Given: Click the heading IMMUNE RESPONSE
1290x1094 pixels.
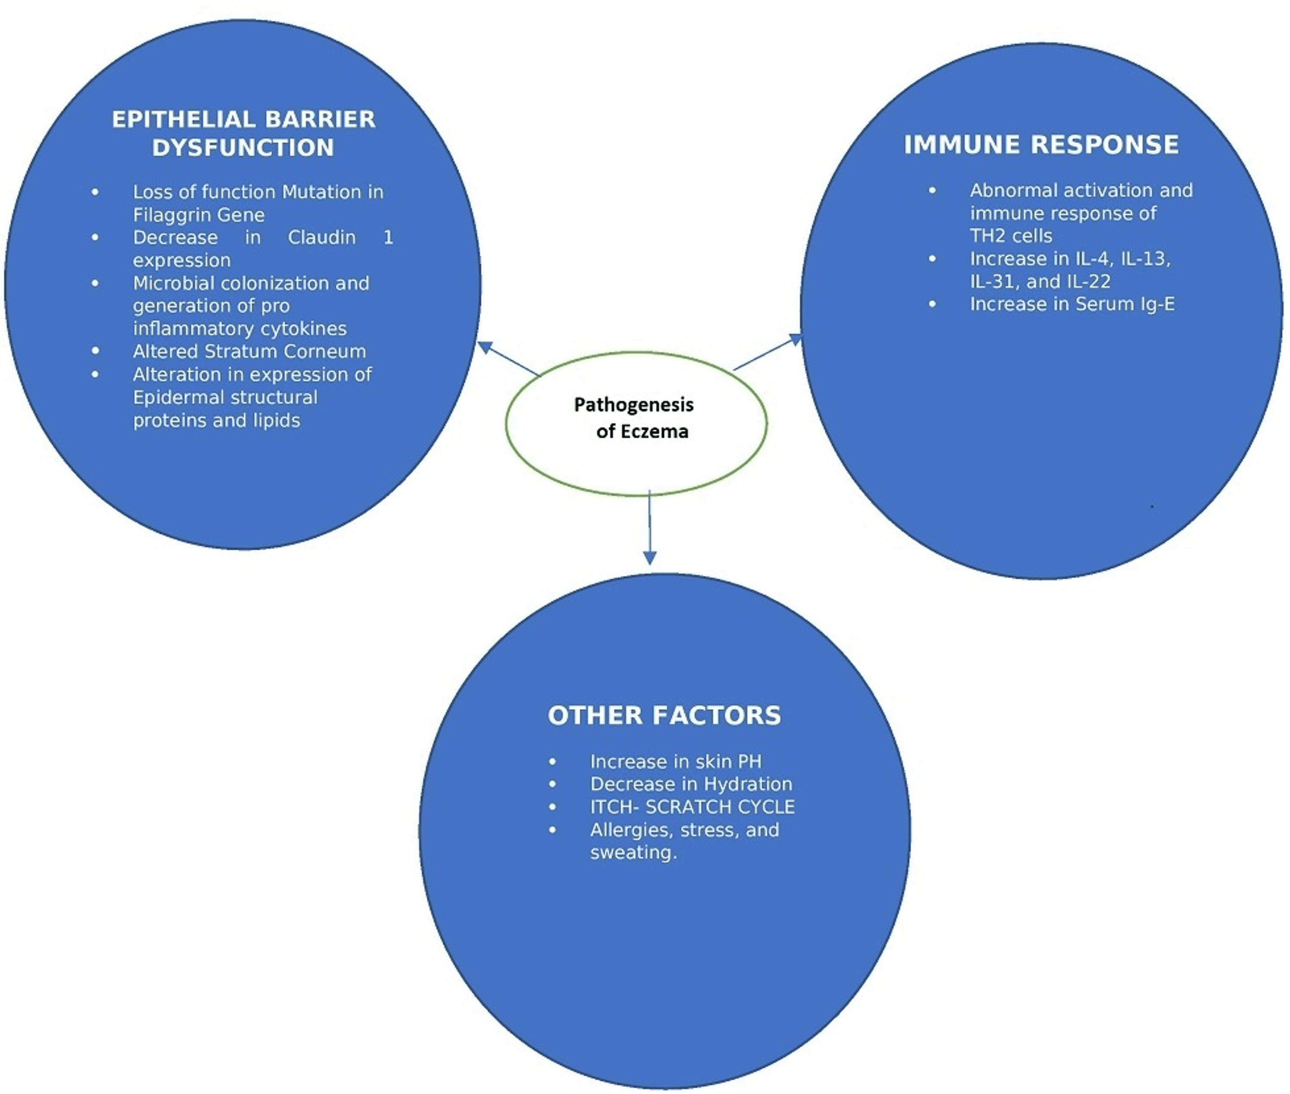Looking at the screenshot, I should click(x=1040, y=145).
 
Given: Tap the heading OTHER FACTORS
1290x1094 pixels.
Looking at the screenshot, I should click(x=664, y=715).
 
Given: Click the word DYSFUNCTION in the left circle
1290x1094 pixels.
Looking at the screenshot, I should click(x=243, y=148).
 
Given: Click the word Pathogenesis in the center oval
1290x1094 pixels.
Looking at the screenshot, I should click(x=633, y=405).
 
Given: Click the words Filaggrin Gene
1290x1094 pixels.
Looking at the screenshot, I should click(x=198, y=215).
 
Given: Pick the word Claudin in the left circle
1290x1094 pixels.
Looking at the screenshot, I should click(x=321, y=237).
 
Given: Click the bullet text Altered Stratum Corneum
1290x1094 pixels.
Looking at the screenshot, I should click(x=249, y=351).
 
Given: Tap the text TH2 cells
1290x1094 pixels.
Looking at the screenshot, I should click(x=1010, y=236).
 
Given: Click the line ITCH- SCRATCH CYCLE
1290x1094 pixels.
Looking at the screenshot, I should click(x=692, y=807).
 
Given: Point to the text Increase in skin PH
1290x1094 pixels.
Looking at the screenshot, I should click(x=675, y=761).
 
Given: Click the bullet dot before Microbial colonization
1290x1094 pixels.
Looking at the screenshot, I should click(x=95, y=284).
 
